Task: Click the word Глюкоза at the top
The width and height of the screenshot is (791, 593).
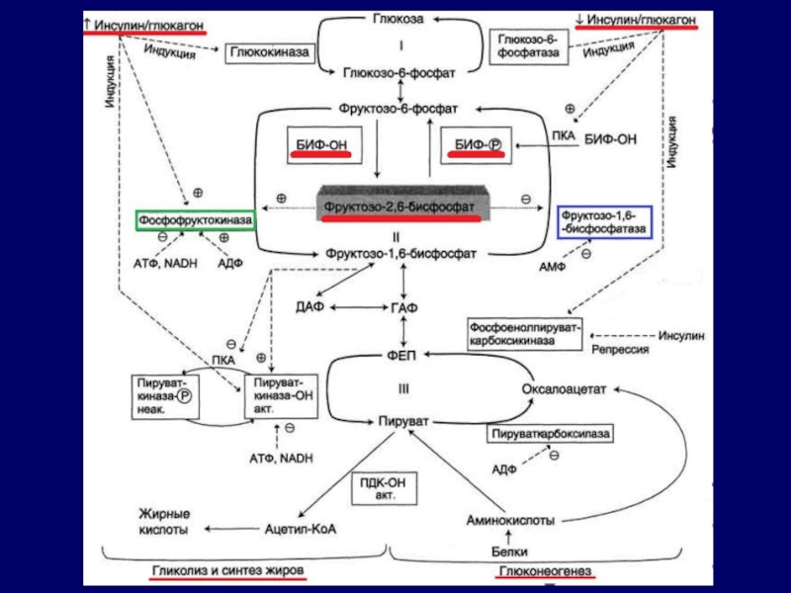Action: click(x=399, y=19)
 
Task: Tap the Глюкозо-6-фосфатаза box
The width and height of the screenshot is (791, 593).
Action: click(x=530, y=45)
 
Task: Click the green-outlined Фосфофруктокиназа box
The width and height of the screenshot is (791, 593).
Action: click(x=196, y=219)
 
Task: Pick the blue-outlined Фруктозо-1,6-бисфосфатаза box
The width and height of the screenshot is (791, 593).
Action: click(x=604, y=221)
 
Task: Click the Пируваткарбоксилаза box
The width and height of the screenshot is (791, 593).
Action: click(x=555, y=433)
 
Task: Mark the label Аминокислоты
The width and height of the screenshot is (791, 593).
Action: click(x=509, y=521)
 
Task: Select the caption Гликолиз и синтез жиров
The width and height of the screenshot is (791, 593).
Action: click(x=227, y=572)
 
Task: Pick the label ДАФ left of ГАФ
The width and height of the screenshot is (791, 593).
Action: click(x=309, y=308)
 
